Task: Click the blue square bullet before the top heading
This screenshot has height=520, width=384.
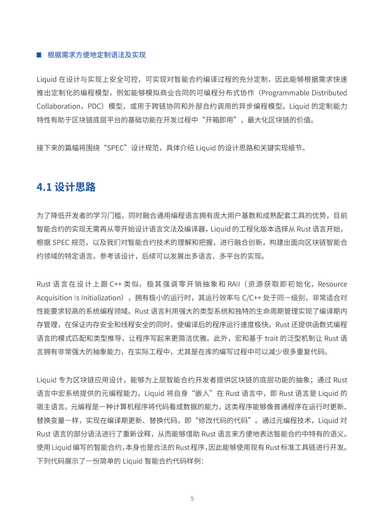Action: tap(39, 55)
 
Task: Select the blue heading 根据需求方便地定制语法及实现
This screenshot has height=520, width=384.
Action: tap(96, 55)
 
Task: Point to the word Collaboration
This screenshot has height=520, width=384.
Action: tap(59, 106)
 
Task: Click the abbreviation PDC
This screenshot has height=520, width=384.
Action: tap(95, 106)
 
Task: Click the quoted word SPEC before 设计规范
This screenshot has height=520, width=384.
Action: tap(116, 148)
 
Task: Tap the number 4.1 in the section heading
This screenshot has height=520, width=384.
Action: tap(44, 187)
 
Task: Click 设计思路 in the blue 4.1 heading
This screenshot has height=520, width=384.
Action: tap(75, 187)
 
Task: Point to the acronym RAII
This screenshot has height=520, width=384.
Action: tap(234, 284)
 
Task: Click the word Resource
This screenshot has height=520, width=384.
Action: tap(332, 284)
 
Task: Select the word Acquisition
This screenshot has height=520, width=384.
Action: tap(54, 298)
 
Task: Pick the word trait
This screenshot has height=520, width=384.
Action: tap(271, 338)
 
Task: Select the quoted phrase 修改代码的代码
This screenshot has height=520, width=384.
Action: tap(223, 421)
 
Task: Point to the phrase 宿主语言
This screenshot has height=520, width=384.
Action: tap(50, 407)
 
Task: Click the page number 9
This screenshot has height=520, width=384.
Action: tap(192, 499)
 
